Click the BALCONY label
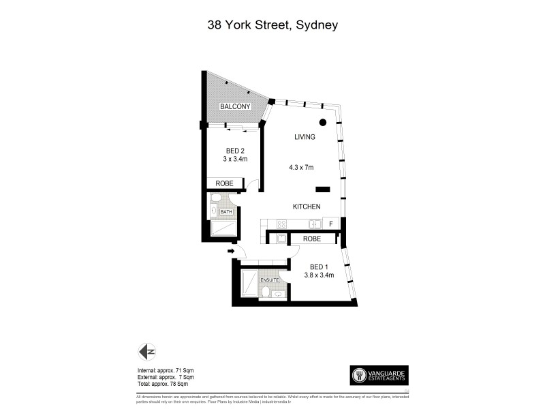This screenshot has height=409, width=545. click(x=236, y=107)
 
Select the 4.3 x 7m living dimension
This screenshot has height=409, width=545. click(x=300, y=168)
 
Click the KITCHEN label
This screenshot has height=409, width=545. click(x=307, y=207)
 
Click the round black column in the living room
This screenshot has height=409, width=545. click(x=324, y=123)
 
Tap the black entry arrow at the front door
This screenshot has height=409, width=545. click(x=231, y=252)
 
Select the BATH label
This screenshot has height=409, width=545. click(x=226, y=212)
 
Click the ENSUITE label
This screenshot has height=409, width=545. click(x=269, y=280)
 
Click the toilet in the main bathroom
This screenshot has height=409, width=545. click(x=216, y=198)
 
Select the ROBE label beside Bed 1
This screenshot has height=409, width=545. click(x=312, y=239)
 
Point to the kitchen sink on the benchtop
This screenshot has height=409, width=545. click(x=314, y=224)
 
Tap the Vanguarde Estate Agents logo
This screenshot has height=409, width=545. click(x=379, y=375)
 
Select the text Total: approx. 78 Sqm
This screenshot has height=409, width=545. click(x=166, y=384)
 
